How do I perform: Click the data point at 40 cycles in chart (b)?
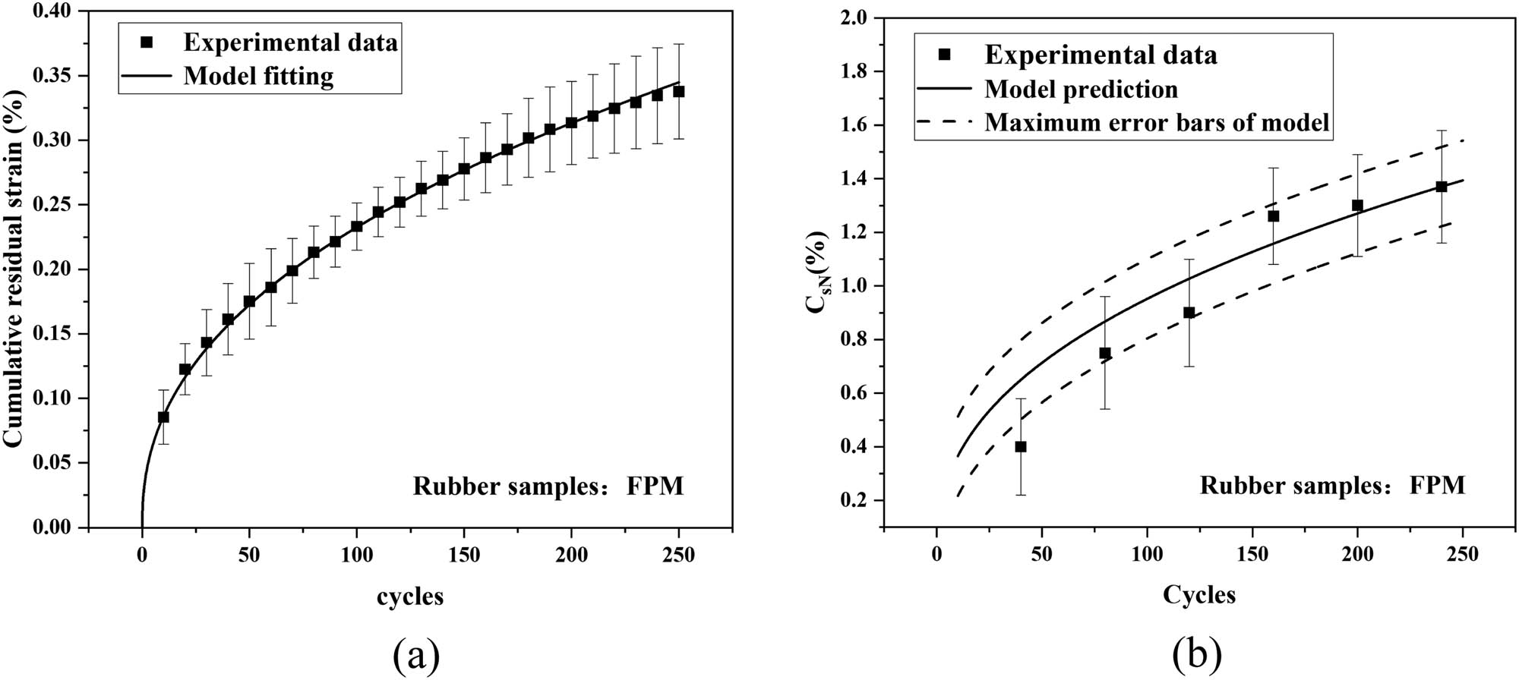[1021, 447]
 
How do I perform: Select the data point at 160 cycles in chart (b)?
[1274, 216]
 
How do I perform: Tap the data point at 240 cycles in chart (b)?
[1442, 187]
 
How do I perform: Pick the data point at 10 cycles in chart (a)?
[163, 417]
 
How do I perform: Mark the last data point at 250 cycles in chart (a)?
[679, 91]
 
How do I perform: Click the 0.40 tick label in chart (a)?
[53, 12]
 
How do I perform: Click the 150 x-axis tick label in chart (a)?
[464, 556]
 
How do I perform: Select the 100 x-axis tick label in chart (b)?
[1147, 555]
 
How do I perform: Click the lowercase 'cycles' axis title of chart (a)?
[410, 597]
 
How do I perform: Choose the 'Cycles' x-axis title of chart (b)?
[1199, 595]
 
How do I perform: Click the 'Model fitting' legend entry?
[258, 76]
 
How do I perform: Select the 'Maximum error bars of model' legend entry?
[1157, 122]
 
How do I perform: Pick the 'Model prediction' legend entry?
[1081, 90]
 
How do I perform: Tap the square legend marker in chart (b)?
[944, 55]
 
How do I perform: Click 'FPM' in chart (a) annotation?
[655, 486]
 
